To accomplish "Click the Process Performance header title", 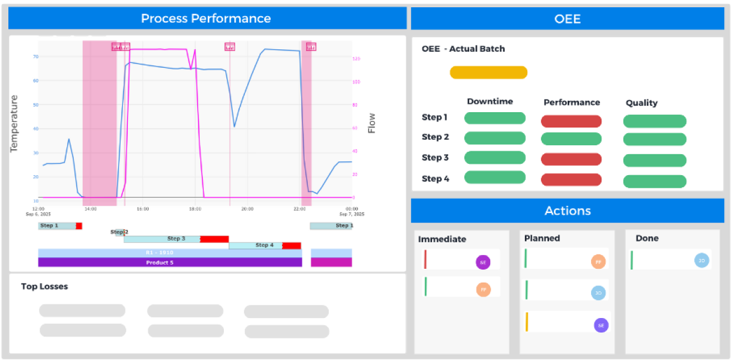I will (x=206, y=19).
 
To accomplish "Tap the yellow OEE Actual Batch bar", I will (x=488, y=73).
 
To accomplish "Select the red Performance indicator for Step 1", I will (x=571, y=121).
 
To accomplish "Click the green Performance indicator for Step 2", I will (x=571, y=139).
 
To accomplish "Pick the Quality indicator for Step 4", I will (x=655, y=181).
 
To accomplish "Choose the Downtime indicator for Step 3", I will (x=495, y=158).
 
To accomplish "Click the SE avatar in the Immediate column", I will (x=483, y=262).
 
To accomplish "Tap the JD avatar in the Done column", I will (x=701, y=260).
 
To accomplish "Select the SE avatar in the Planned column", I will (x=601, y=325).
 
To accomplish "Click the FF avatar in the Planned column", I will (x=598, y=262).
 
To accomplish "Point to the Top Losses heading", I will (x=44, y=287).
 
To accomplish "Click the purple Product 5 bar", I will (x=170, y=263).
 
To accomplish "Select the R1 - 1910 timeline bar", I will (x=170, y=253).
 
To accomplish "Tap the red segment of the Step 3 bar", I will (x=214, y=239).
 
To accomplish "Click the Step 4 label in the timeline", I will (x=264, y=245).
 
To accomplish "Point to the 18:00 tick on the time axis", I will (x=195, y=209).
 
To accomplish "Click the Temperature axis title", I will (x=14, y=123).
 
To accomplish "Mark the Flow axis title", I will (x=372, y=123).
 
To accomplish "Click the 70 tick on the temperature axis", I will (x=35, y=56).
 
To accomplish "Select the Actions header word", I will (x=568, y=211).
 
